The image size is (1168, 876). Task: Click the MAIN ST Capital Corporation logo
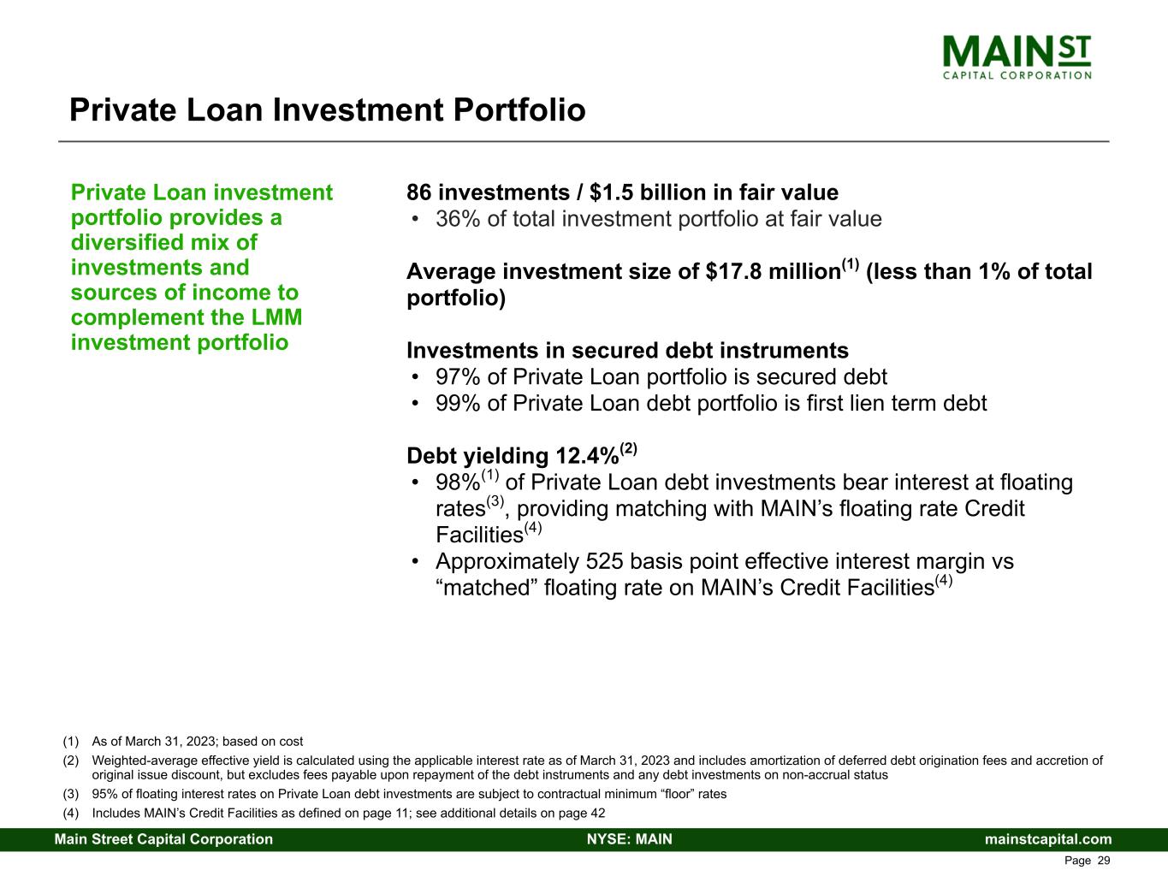coord(1017,56)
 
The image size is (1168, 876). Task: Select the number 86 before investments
coord(419,192)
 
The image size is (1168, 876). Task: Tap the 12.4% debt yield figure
coord(585,457)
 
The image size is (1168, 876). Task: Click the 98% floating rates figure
coord(457,483)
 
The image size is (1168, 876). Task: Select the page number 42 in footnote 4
coord(597,813)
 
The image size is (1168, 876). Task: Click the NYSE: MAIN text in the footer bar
coord(629,839)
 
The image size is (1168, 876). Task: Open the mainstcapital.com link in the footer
coord(1048,839)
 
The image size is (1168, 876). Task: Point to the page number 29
coord(1104,861)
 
